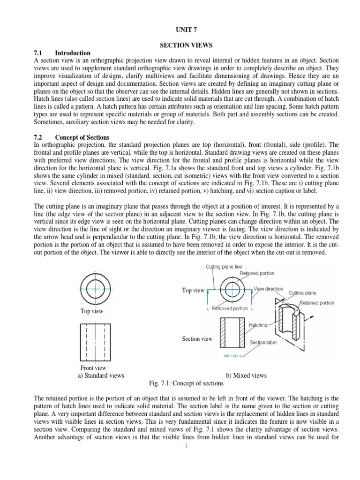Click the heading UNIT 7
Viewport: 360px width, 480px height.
tap(180, 29)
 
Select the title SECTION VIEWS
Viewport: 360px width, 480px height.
tap(180, 45)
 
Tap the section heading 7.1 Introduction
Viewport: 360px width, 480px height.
tap(62, 53)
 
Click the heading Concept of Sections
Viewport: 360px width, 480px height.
tap(82, 137)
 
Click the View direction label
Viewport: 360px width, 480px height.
tap(268, 289)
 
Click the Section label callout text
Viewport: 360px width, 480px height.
tap(263, 343)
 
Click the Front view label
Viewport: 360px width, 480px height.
tap(94, 368)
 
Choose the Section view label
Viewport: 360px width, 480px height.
tap(197, 339)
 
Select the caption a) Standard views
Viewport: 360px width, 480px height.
tap(101, 375)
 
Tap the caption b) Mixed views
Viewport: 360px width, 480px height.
tap(247, 375)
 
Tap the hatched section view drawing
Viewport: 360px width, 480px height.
tap(231, 333)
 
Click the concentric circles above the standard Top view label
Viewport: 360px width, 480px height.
tap(95, 289)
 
